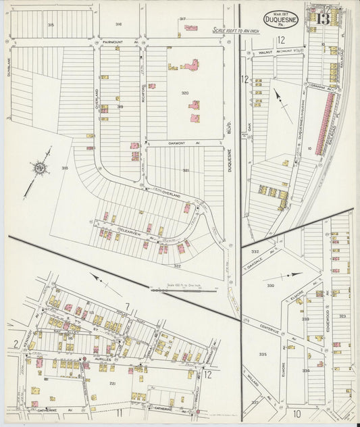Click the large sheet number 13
[322, 18]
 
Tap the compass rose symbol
[38, 169]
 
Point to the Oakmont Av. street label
[163, 143]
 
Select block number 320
[184, 93]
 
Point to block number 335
[263, 354]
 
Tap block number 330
[270, 286]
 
